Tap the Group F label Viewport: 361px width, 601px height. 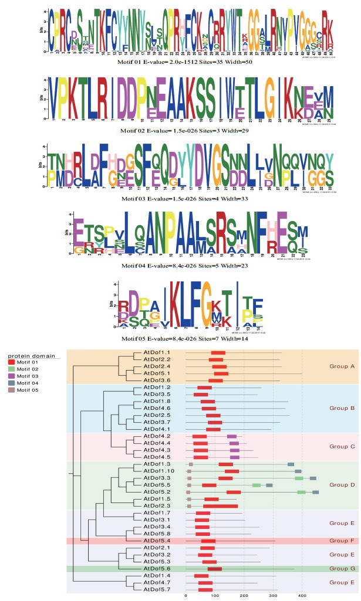click(340, 541)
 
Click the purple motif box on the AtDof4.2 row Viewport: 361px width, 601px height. click(231, 437)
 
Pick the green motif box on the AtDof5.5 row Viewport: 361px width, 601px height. click(256, 485)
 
